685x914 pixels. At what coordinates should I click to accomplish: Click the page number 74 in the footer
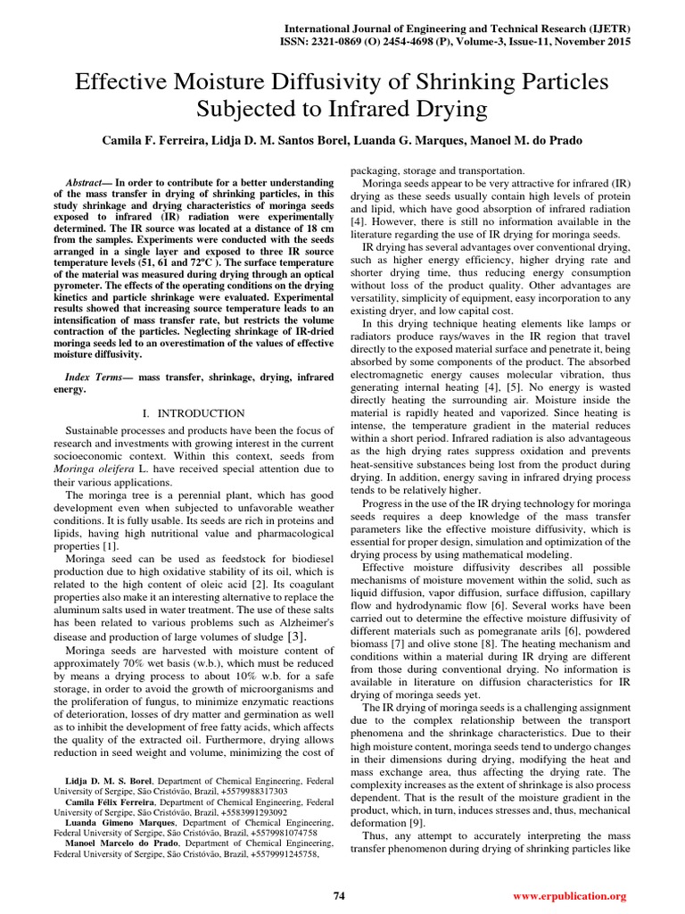tap(339, 895)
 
